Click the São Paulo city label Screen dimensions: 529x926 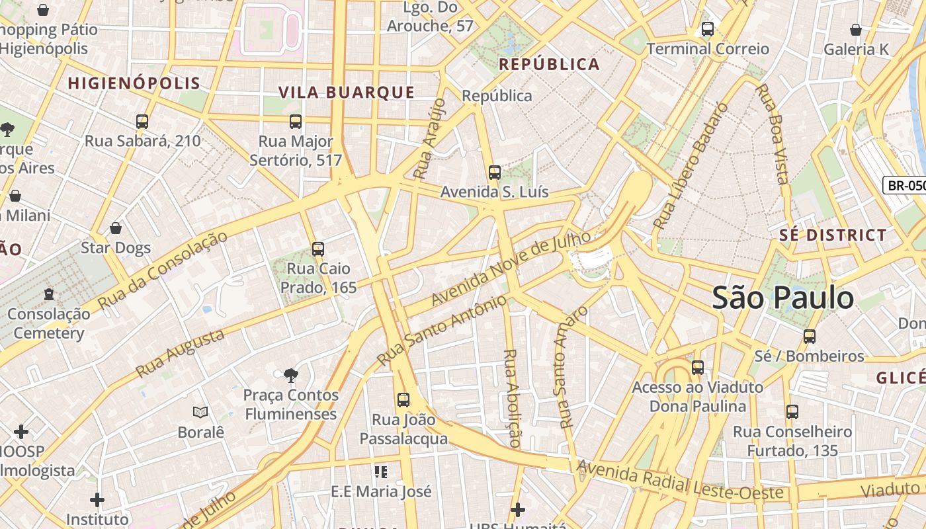pos(782,298)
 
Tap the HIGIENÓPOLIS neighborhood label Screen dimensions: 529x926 pos(134,83)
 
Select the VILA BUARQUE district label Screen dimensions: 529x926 pos(346,93)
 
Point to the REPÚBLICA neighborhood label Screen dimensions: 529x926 pos(549,64)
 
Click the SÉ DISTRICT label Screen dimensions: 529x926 pos(832,235)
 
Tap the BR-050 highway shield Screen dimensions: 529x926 pos(905,185)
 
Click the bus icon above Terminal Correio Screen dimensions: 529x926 pos(707,29)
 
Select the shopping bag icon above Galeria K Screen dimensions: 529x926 pos(855,30)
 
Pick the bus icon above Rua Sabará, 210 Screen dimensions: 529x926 pos(142,122)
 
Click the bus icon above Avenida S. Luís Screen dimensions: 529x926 pos(494,173)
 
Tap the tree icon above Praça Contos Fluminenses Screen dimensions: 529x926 pos(290,376)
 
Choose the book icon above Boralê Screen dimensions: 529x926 pos(200,413)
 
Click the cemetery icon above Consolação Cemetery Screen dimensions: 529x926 pos(48,294)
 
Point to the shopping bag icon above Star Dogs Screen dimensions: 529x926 pos(116,229)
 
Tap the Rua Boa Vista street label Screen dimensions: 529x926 pos(773,134)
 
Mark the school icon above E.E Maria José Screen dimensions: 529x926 pos(380,472)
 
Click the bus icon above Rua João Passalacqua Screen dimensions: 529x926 pos(403,399)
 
